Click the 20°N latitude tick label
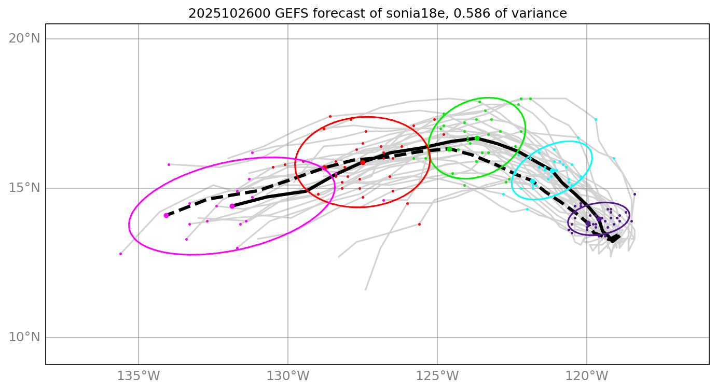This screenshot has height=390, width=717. (x=24, y=38)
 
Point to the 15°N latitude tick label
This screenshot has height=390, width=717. (x=24, y=188)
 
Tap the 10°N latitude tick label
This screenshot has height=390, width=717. (x=24, y=337)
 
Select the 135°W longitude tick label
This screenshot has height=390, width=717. (x=139, y=376)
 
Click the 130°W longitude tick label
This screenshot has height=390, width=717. (x=288, y=376)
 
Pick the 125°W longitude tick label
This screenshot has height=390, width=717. (x=437, y=376)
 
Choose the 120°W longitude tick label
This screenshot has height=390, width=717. (x=587, y=376)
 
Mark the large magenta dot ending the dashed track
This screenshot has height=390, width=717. (x=166, y=215)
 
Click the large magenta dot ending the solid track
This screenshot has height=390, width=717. (x=232, y=206)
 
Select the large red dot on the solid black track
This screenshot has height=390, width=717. (x=363, y=162)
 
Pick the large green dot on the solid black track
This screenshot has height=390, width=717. (x=477, y=138)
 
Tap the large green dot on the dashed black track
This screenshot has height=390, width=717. (x=449, y=149)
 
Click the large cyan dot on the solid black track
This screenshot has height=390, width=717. (x=553, y=171)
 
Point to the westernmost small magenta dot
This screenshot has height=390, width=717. (x=120, y=254)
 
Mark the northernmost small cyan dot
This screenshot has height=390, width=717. (x=596, y=119)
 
